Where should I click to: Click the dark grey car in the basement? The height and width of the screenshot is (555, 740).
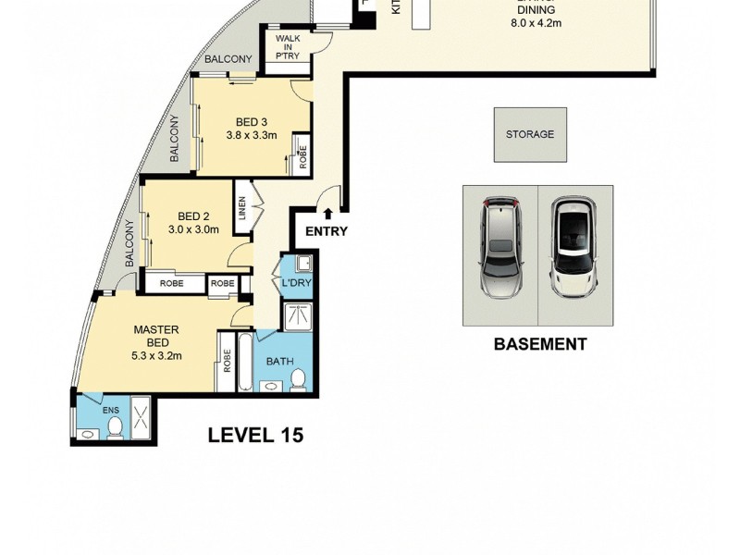click(x=500, y=246)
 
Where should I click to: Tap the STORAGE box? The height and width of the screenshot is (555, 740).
click(x=529, y=134)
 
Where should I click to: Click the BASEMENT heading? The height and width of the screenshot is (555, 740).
click(x=539, y=344)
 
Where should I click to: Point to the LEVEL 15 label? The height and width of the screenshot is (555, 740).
click(x=255, y=434)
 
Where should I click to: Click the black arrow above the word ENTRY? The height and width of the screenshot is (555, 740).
click(x=326, y=215)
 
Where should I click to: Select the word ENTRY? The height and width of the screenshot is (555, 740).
click(x=326, y=231)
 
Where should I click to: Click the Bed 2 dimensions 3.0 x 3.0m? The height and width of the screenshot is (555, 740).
click(x=193, y=229)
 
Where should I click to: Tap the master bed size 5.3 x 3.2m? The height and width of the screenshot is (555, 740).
click(x=156, y=354)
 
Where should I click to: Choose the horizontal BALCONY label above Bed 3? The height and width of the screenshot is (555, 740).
click(x=228, y=59)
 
